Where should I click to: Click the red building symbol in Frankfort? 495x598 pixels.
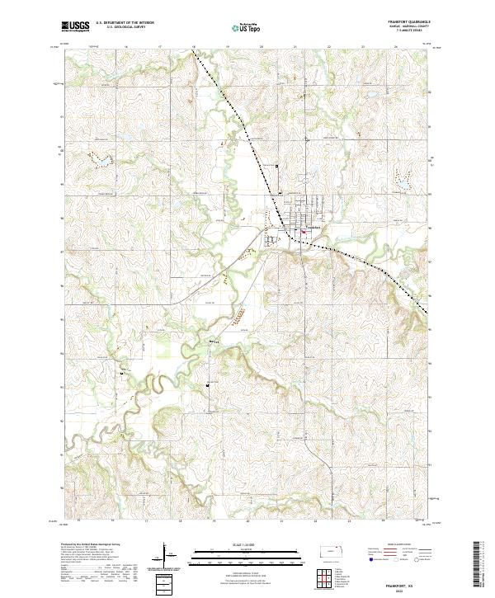tap(303, 232)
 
